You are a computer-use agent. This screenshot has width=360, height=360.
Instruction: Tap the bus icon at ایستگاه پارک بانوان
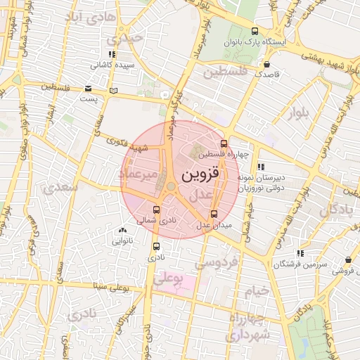(255, 31)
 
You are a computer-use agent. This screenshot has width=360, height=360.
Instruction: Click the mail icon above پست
(88, 89)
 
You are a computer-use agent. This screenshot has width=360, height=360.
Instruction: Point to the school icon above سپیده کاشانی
(111, 54)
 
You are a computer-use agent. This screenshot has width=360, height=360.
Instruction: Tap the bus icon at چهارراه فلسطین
(224, 143)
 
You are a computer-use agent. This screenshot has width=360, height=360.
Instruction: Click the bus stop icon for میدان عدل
(214, 214)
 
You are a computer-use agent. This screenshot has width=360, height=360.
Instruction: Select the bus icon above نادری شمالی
(156, 209)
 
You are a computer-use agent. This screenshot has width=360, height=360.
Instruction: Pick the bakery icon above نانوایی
(123, 230)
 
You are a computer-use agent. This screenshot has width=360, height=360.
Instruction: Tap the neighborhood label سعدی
(56, 188)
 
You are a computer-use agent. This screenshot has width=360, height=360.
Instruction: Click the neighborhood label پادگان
(337, 210)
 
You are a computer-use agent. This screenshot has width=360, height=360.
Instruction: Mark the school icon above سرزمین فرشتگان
(300, 253)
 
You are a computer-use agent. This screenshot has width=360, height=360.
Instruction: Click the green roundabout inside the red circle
(170, 186)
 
